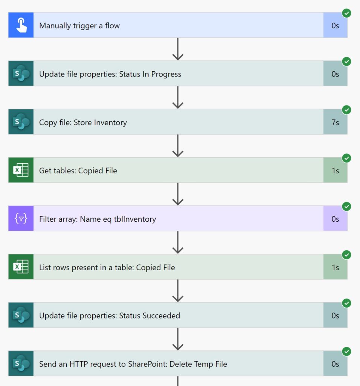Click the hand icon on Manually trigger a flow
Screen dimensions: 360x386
21,25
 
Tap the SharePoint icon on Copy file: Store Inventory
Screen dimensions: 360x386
21,122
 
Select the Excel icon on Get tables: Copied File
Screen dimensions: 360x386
21,170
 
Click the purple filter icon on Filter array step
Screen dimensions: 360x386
21,218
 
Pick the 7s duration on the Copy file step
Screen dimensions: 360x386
335,123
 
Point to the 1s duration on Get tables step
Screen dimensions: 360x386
335,171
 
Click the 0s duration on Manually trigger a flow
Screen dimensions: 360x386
335,26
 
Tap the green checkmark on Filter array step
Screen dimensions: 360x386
346,207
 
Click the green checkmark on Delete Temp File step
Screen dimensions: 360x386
346,352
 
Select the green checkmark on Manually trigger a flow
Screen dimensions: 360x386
346,13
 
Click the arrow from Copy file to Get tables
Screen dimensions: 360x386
178,146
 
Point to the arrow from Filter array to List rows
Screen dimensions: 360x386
178,242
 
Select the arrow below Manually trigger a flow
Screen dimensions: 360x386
178,49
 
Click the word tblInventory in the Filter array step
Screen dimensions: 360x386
135,219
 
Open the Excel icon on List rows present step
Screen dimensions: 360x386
21,267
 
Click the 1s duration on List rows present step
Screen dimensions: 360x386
335,267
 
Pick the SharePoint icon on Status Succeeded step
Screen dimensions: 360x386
21,315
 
